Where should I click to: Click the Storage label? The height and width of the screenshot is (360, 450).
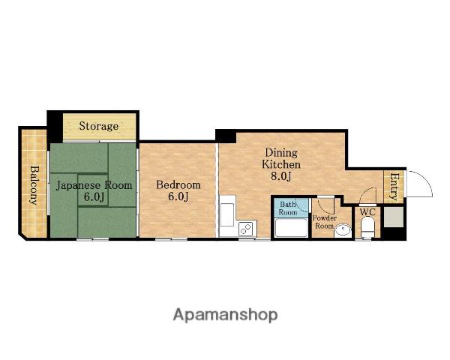99,126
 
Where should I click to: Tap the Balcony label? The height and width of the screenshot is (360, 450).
34,185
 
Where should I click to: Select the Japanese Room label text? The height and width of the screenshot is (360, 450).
94,185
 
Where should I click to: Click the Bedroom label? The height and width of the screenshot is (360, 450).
178,185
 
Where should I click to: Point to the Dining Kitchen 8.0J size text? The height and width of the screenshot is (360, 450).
281,176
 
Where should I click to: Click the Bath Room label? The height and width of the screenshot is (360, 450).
288,208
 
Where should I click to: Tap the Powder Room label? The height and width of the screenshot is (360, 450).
325,222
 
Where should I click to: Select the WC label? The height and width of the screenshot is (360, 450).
367,212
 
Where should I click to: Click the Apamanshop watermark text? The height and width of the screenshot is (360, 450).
225,315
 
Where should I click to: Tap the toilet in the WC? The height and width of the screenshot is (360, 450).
367,227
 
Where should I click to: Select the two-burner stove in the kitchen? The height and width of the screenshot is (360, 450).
246,229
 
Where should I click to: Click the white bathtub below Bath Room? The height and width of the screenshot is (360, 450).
291,227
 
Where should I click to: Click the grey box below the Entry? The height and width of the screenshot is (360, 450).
394,217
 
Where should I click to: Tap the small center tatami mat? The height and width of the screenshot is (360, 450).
93,190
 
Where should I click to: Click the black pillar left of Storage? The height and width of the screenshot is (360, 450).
55,127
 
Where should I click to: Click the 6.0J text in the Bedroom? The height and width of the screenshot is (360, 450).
178,196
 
